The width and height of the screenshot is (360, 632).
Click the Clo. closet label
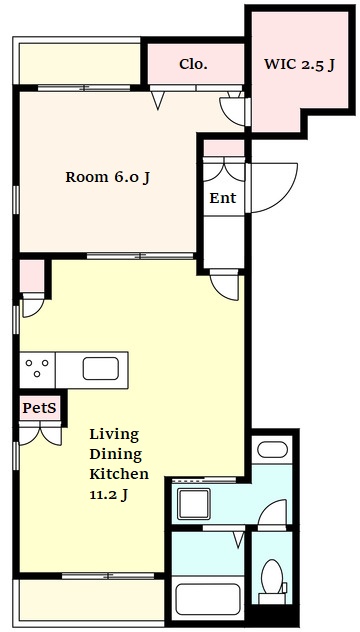coord(193,64)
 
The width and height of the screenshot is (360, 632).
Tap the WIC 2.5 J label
coord(299,64)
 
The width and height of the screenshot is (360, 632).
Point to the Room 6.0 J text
coord(108,177)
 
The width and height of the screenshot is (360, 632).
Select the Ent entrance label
coord(223,198)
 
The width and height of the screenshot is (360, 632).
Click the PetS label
coord(39,408)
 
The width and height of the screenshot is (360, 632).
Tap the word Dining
coord(116,454)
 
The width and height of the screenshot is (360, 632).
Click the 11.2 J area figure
coord(108,494)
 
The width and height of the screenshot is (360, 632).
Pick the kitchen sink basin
coord(101,368)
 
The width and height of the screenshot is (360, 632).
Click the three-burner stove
coord(37,369)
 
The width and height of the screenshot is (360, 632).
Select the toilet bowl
coord(272,576)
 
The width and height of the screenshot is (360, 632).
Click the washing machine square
coord(194,503)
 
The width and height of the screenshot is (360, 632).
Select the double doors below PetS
coord(40,435)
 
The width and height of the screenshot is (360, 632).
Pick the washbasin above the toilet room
coord(273,450)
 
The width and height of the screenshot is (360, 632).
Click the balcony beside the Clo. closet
coord(79,63)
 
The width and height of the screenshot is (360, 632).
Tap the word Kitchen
coord(119,474)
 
